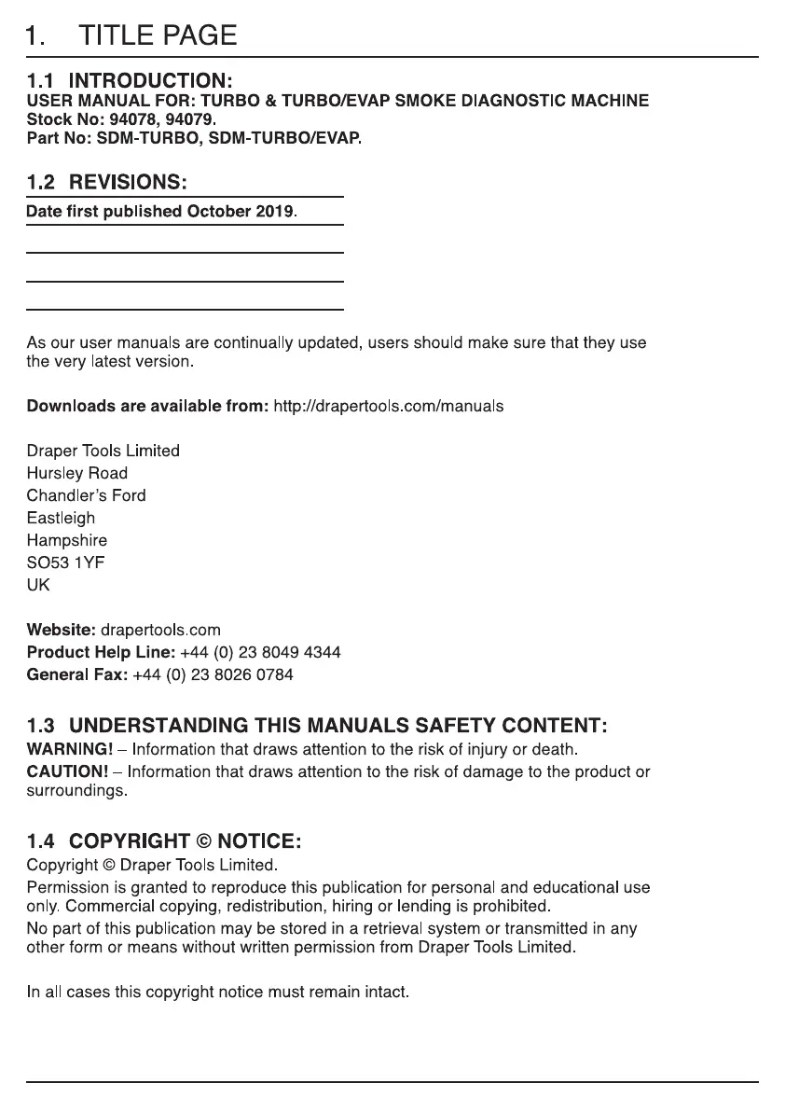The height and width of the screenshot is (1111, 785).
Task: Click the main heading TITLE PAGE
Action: click(x=158, y=35)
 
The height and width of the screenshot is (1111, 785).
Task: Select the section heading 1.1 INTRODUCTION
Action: click(x=130, y=81)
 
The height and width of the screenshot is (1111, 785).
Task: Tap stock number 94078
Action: click(x=129, y=119)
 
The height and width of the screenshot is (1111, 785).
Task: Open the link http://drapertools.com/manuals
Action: click(x=388, y=406)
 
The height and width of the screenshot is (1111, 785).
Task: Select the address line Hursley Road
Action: click(x=77, y=473)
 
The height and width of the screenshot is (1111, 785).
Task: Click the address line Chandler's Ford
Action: click(x=87, y=495)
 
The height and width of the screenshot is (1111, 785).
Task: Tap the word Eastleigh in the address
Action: click(x=61, y=518)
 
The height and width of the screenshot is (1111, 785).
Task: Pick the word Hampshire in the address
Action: click(x=67, y=540)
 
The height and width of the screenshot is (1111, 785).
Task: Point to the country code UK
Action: click(x=38, y=585)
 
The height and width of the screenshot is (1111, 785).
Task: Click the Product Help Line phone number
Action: click(x=260, y=652)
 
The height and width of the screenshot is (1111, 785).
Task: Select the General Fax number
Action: click(x=213, y=674)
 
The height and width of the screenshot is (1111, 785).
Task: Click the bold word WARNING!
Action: click(x=70, y=749)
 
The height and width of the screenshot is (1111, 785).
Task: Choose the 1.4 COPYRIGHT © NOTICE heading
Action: click(x=164, y=841)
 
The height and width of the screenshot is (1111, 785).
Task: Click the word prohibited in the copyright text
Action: click(x=515, y=906)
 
